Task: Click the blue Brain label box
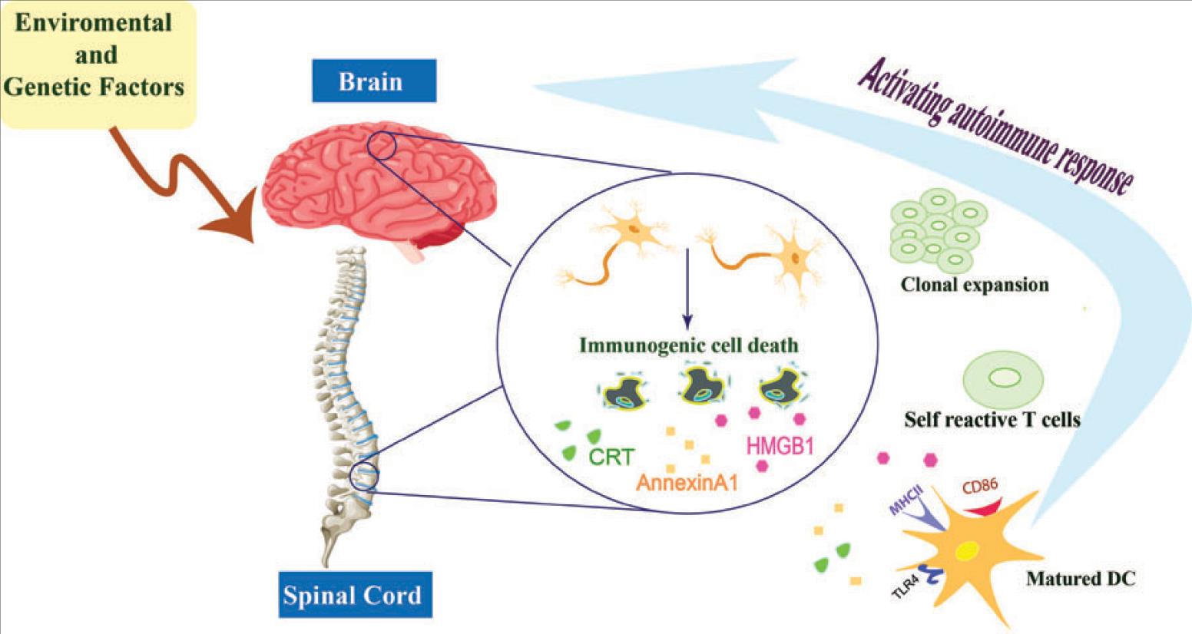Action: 373,81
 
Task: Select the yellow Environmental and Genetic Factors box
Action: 96,61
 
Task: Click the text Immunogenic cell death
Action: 688,345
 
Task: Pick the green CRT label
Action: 611,457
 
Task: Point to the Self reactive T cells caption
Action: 992,420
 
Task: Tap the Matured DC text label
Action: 1080,578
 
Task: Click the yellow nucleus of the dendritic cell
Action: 964,552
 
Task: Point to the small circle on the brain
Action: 382,145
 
